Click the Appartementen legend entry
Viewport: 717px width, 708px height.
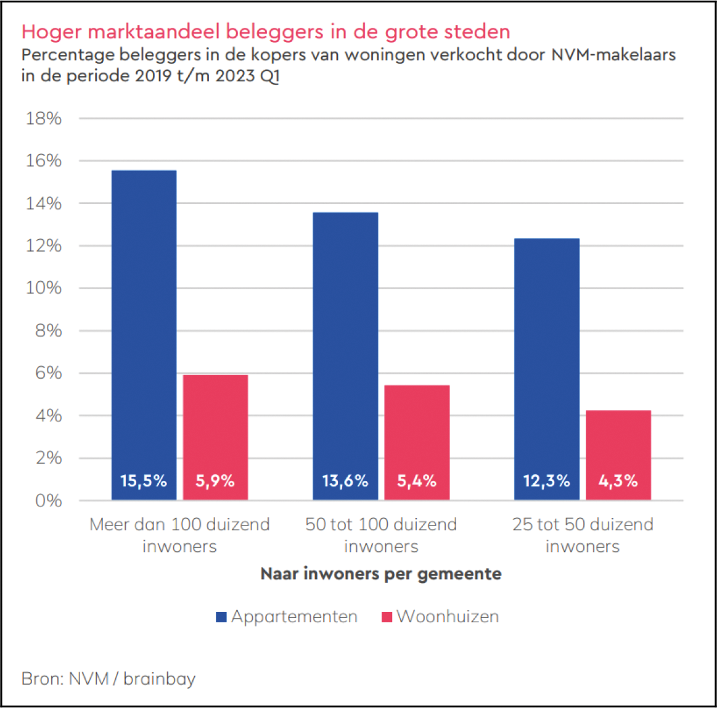point(287,617)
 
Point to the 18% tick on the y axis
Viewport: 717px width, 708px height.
point(44,118)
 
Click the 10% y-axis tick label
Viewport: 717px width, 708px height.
point(44,288)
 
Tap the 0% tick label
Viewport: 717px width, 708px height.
point(47,501)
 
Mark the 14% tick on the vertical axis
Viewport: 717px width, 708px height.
point(44,204)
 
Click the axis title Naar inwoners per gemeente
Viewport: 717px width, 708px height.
point(381,574)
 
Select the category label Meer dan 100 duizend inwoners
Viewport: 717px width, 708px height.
point(179,535)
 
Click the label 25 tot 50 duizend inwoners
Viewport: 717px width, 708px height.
point(582,535)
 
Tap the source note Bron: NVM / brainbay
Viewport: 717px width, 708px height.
point(109,679)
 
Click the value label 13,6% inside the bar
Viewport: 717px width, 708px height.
point(345,481)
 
